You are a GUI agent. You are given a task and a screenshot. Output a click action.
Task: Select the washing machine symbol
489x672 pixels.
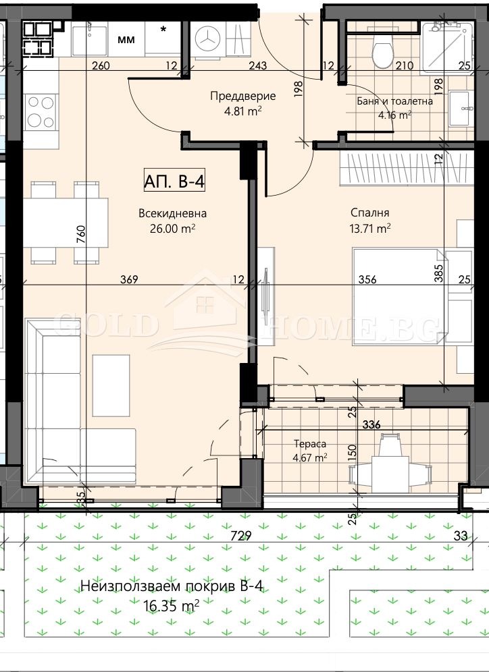tap(207, 39)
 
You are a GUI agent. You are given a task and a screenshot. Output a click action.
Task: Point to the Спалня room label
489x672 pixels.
tap(369, 213)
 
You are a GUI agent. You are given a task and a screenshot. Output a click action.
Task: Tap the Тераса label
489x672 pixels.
tap(310, 444)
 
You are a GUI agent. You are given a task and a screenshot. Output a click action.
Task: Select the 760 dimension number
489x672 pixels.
tap(80, 234)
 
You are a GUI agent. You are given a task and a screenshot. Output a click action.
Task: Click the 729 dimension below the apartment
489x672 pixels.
tap(240, 536)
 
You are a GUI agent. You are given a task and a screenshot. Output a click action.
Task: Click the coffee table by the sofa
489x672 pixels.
tap(111, 385)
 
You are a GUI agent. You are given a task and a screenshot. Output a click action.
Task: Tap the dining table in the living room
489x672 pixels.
tap(66, 223)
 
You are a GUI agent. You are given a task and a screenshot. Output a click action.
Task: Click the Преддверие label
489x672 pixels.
tap(242, 96)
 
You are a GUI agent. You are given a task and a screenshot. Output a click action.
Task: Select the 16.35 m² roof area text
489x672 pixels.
tap(171, 606)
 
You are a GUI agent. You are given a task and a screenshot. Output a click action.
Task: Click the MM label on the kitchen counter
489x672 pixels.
tap(126, 40)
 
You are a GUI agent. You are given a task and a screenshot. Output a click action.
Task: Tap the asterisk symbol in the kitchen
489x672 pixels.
tap(163, 30)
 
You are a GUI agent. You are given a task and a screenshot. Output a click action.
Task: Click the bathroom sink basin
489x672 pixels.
tap(461, 109)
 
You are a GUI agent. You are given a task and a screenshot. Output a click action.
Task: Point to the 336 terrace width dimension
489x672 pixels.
tap(371, 424)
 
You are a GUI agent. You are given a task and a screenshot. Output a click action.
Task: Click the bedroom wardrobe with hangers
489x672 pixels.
tap(406, 169)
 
